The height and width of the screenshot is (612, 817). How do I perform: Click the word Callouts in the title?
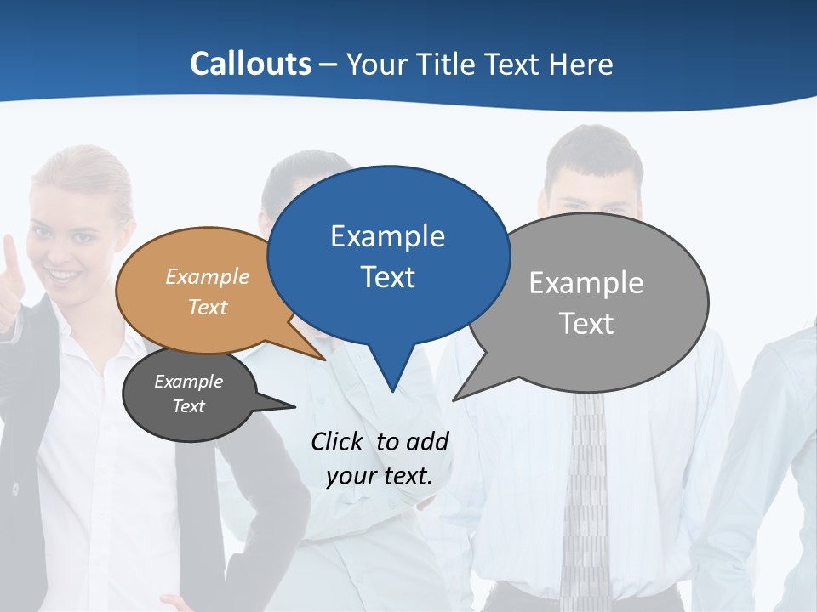pos(250,64)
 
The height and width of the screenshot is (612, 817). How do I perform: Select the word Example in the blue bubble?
pos(387,236)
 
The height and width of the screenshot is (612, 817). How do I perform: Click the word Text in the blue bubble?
pos(387,277)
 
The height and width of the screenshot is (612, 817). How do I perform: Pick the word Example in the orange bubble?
pos(208,276)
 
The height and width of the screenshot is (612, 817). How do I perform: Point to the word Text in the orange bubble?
pos(208,307)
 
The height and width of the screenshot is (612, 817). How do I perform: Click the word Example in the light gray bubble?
pos(586,283)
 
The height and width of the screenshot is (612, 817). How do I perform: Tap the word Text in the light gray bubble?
pos(586,324)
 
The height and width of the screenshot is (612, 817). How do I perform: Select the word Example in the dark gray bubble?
pos(189,382)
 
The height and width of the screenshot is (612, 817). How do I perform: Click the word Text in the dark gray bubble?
pos(189,406)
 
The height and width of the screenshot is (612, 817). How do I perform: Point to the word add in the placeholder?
pos(427,441)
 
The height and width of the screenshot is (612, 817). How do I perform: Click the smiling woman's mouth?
pos(64,275)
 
